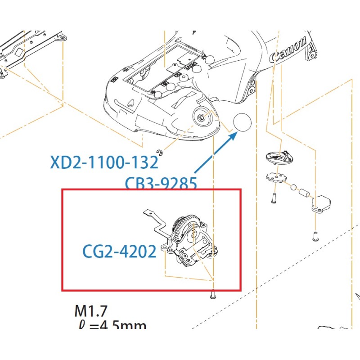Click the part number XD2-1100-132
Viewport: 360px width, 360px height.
coord(104,162)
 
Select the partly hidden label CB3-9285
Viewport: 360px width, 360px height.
coord(161,183)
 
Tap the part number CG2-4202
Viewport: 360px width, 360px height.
coord(119,251)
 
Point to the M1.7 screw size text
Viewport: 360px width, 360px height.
coord(91,310)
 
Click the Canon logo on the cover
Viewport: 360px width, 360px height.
coord(288,51)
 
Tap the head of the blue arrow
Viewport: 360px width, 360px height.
coord(234,135)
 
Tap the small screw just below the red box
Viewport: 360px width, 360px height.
coord(213,296)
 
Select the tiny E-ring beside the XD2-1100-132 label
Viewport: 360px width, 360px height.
coord(159,151)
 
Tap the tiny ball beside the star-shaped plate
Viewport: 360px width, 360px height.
coord(293,186)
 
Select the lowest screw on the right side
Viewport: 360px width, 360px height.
coord(315,234)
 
